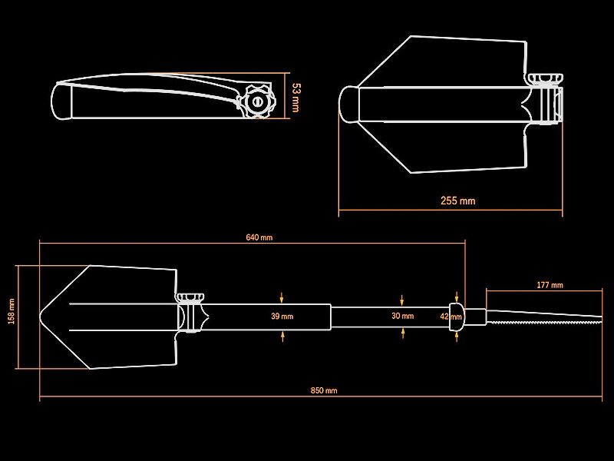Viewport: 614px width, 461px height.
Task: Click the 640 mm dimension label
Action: coord(259,237)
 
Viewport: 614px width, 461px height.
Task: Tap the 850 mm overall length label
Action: coord(324,390)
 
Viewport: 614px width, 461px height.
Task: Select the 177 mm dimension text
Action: coord(550,285)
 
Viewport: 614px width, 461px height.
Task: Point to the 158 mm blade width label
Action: coord(12,311)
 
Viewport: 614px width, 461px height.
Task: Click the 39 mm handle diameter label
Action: coord(282,316)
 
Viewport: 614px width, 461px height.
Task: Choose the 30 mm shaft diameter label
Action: coord(402,316)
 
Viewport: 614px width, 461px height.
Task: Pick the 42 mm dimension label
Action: coord(451,317)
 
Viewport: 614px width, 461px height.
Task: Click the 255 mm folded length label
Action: coord(457,201)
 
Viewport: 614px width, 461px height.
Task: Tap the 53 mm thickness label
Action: coord(296,98)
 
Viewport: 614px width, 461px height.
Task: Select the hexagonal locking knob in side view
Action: coord(257,102)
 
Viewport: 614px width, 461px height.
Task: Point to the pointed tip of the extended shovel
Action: coord(41,317)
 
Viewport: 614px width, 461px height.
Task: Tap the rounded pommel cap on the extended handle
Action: coord(457,317)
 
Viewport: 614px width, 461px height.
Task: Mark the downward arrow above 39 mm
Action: coord(281,297)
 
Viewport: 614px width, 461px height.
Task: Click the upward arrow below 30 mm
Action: coord(402,333)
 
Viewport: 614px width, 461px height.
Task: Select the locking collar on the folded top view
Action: coord(546,99)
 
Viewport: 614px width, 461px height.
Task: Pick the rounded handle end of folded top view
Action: coord(349,104)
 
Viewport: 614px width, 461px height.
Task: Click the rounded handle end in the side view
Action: coord(61,101)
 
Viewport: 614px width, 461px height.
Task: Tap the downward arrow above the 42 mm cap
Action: coord(457,297)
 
